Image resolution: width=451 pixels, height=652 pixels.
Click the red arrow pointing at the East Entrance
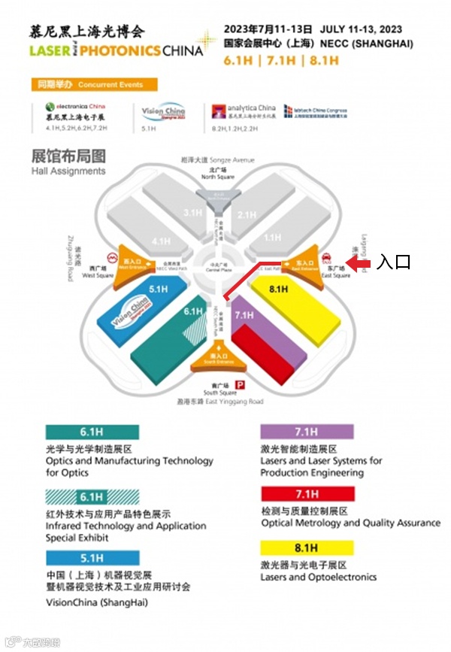point(359,262)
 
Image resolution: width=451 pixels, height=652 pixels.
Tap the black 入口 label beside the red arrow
point(393,262)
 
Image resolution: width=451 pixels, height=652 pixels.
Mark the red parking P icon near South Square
point(241,385)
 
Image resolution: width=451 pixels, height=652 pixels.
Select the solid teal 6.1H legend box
point(90,432)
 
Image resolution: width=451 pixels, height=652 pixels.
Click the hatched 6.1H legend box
point(90,496)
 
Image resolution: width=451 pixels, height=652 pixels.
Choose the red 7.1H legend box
point(307,494)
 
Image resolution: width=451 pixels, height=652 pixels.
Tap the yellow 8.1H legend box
point(307,547)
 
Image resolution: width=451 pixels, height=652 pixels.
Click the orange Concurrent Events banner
point(94,85)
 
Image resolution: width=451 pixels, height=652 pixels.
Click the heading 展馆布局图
point(68,156)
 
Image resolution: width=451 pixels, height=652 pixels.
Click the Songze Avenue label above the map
point(217,160)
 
